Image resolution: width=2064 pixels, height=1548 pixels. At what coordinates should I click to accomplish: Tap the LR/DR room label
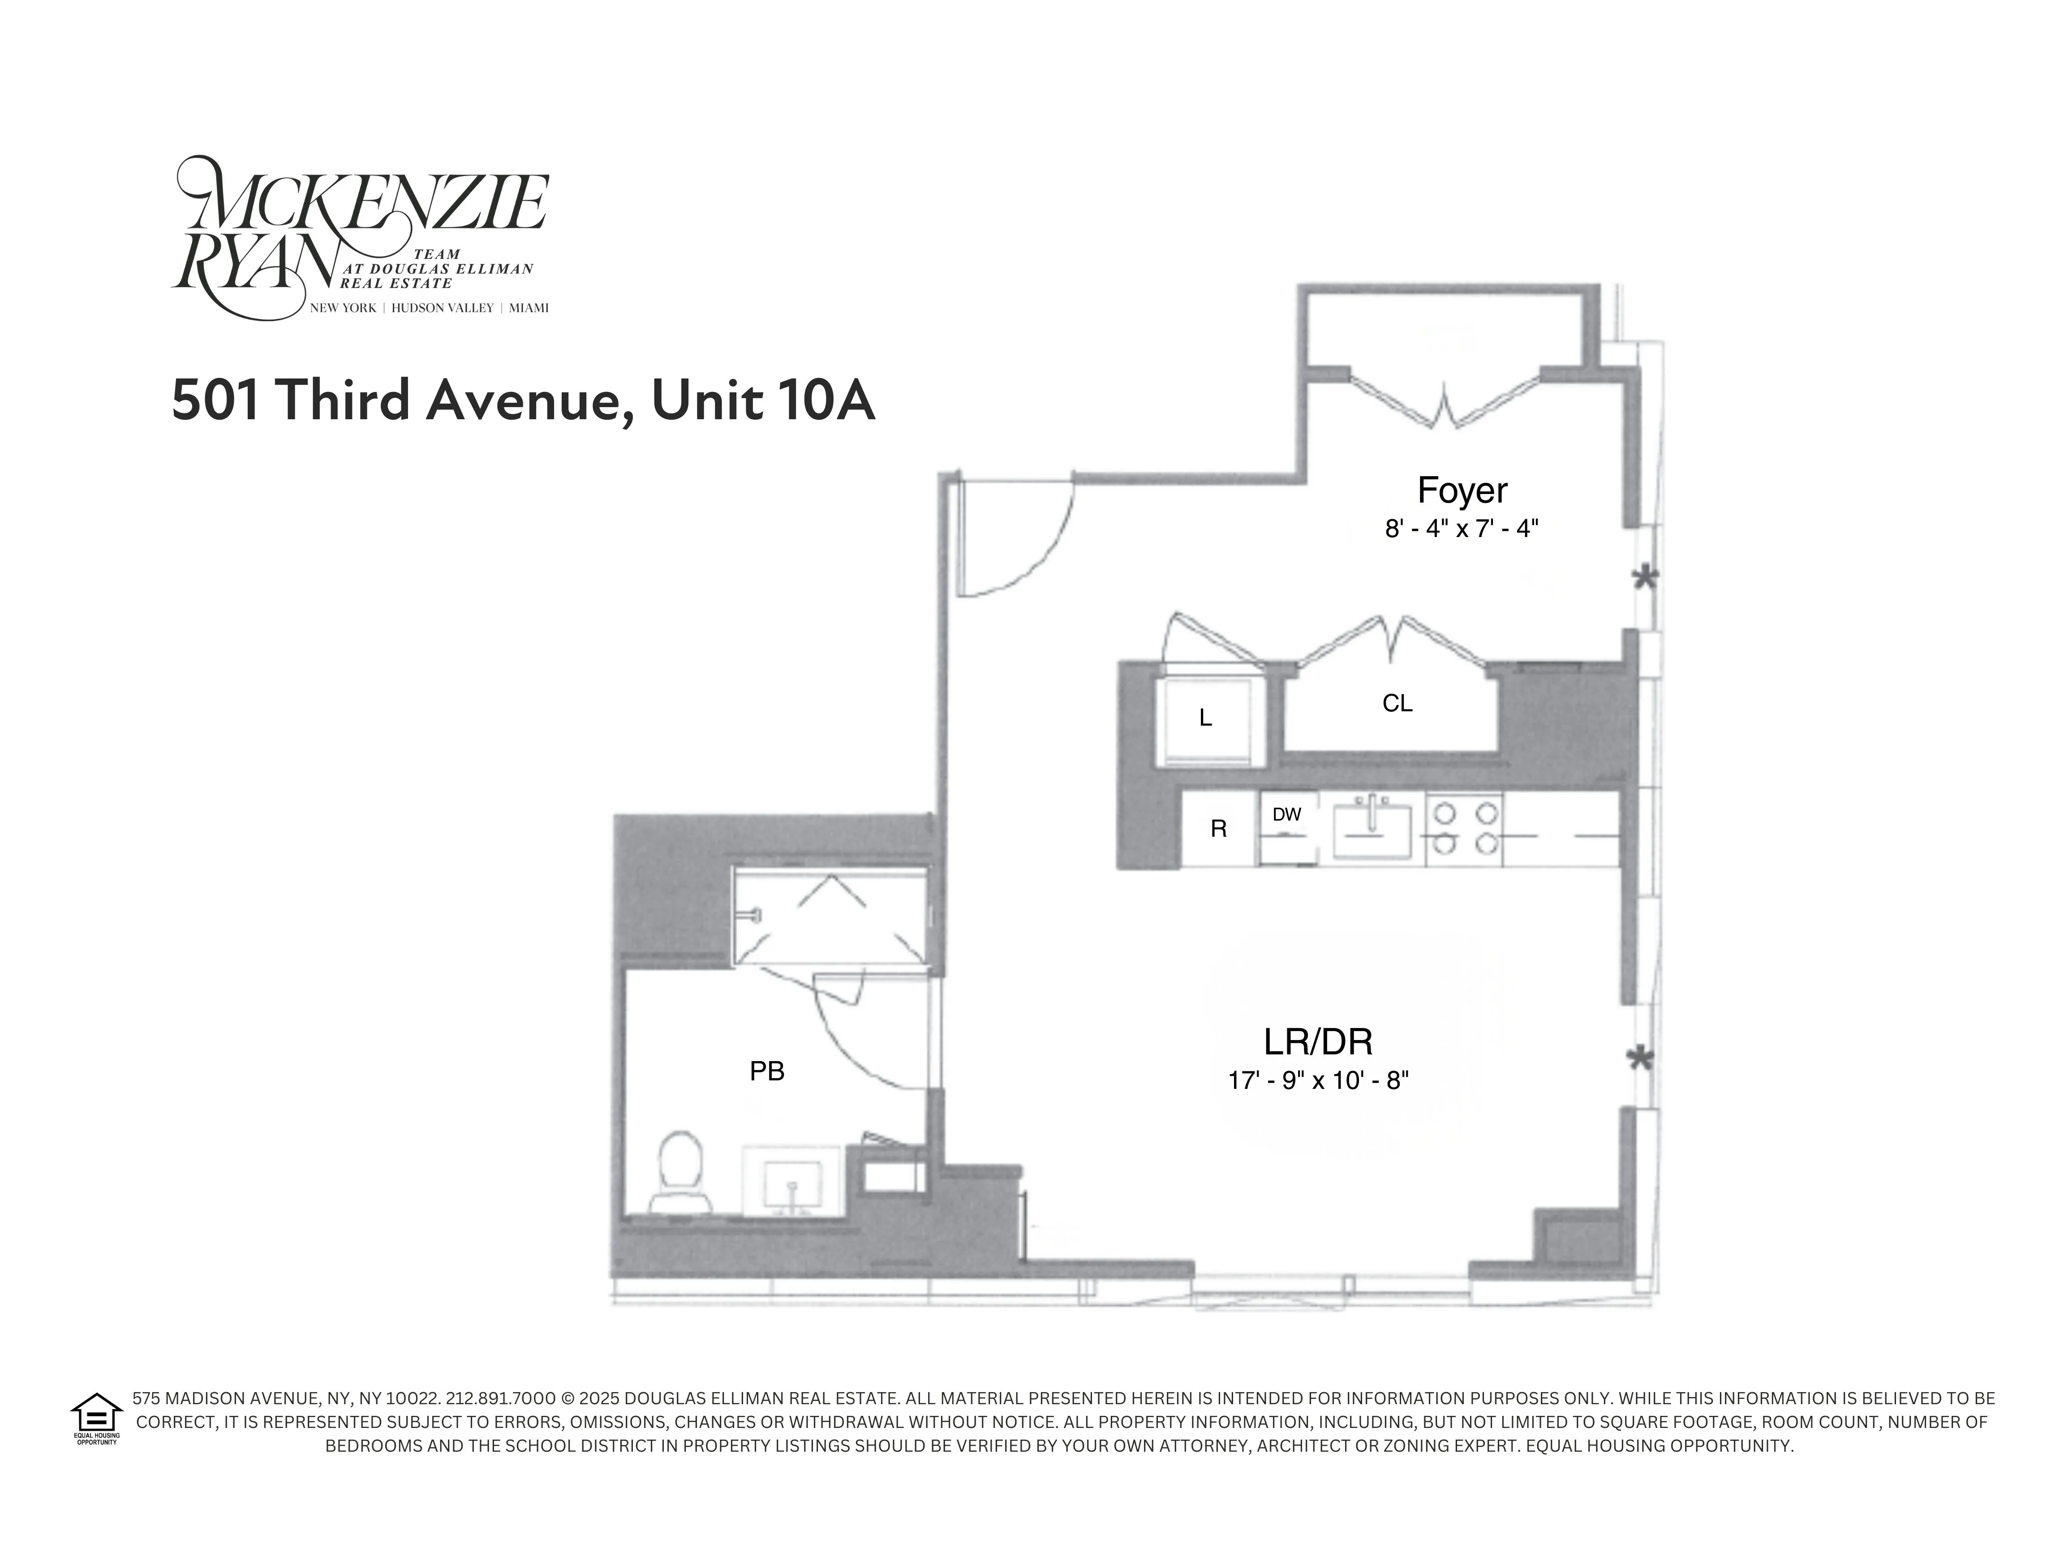pos(1317,1041)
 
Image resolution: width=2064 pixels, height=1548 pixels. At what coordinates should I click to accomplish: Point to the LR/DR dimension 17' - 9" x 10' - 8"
pos(1317,1080)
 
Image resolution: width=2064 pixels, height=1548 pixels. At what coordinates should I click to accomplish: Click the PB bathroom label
pos(767,1071)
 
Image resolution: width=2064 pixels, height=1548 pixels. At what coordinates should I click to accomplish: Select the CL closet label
pos(1397,704)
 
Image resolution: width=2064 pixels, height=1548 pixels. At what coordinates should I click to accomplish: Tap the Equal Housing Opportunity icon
pos(96,1417)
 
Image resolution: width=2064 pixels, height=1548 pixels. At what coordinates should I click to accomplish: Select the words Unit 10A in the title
pos(762,401)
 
